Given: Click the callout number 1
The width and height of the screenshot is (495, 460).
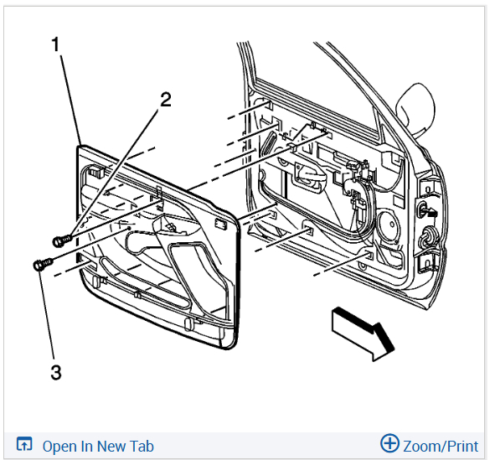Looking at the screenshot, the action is pos(56,44).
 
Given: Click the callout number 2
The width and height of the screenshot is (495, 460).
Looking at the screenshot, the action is pos(166,100).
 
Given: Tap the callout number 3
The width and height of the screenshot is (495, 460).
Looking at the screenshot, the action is pos(56,372).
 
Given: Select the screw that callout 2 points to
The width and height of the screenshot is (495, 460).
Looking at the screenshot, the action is pos(62,240).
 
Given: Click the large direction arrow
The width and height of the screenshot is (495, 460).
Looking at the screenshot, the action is pos(363,333).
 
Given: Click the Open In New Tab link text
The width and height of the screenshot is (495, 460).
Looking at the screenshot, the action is pos(98,446).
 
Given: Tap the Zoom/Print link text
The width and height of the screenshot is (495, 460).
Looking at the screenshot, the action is pos(441,446).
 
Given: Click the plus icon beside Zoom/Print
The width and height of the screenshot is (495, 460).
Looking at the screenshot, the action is pos(389,443).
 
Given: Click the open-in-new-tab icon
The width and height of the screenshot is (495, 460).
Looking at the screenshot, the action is pos(24,444).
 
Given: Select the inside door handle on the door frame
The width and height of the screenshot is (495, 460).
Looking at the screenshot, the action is pos(311,178).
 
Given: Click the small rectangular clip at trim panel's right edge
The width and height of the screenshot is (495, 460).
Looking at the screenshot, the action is pos(221,223).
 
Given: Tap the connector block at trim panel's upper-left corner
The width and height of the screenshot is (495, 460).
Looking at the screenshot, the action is pos(95,171).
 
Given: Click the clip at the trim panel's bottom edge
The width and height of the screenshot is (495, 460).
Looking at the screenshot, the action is pos(188,324).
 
